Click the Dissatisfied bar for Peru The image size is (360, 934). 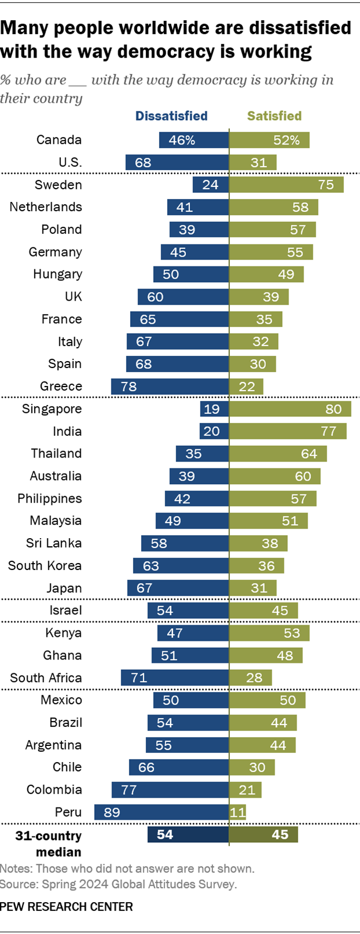coord(161,812)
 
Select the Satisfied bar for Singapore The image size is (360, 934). coord(290,409)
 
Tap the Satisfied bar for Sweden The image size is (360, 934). coord(286,185)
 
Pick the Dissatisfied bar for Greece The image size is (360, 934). coord(170,387)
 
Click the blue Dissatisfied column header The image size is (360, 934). coord(171,116)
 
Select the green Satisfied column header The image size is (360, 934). coord(274,116)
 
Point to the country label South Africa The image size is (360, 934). coord(46,677)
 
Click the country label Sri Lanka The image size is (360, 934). coord(54,543)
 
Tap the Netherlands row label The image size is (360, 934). coord(46,207)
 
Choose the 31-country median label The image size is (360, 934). coord(49,843)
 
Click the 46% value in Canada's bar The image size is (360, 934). coord(182,140)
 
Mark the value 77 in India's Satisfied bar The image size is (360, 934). coord(329,431)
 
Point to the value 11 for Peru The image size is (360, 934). coord(238,812)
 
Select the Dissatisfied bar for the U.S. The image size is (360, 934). coord(177,163)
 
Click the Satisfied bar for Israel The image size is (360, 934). coord(263,610)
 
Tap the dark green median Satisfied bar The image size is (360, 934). coord(263,834)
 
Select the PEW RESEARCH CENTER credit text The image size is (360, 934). coord(67,906)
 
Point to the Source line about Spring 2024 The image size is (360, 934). coord(118,884)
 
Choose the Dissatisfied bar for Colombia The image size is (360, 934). coord(170,789)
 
